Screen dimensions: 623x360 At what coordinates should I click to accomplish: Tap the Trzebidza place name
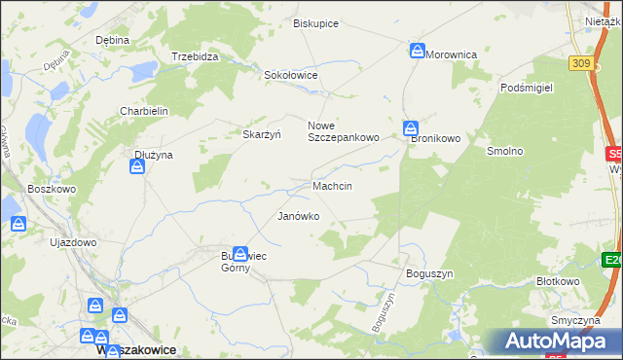coord(195,56)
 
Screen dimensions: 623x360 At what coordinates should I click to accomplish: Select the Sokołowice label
coord(291,74)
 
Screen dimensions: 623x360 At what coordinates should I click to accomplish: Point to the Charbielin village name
coord(144,111)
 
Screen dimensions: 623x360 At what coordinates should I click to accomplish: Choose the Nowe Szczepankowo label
coord(343,131)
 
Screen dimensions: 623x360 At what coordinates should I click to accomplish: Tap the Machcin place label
coord(332,185)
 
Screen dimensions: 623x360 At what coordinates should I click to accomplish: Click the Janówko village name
coord(299,216)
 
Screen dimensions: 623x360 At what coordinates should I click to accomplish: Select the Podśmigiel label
coord(526,87)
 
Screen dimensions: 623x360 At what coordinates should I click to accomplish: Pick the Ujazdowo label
coord(74,242)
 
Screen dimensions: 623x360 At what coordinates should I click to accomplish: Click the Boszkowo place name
coord(53,189)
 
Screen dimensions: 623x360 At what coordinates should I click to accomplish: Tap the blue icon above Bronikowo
coord(411,127)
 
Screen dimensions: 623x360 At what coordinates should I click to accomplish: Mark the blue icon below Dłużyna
coord(137,167)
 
